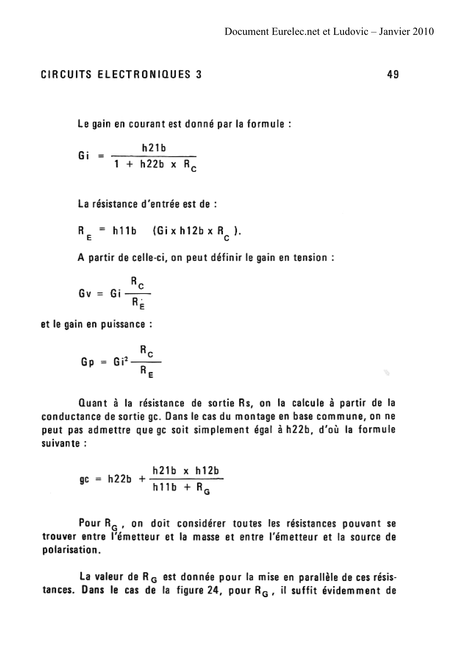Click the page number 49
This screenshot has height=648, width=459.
393,75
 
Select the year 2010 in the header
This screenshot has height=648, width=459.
423,31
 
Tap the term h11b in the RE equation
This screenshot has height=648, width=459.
125,231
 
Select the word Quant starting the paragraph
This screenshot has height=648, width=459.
93,403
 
